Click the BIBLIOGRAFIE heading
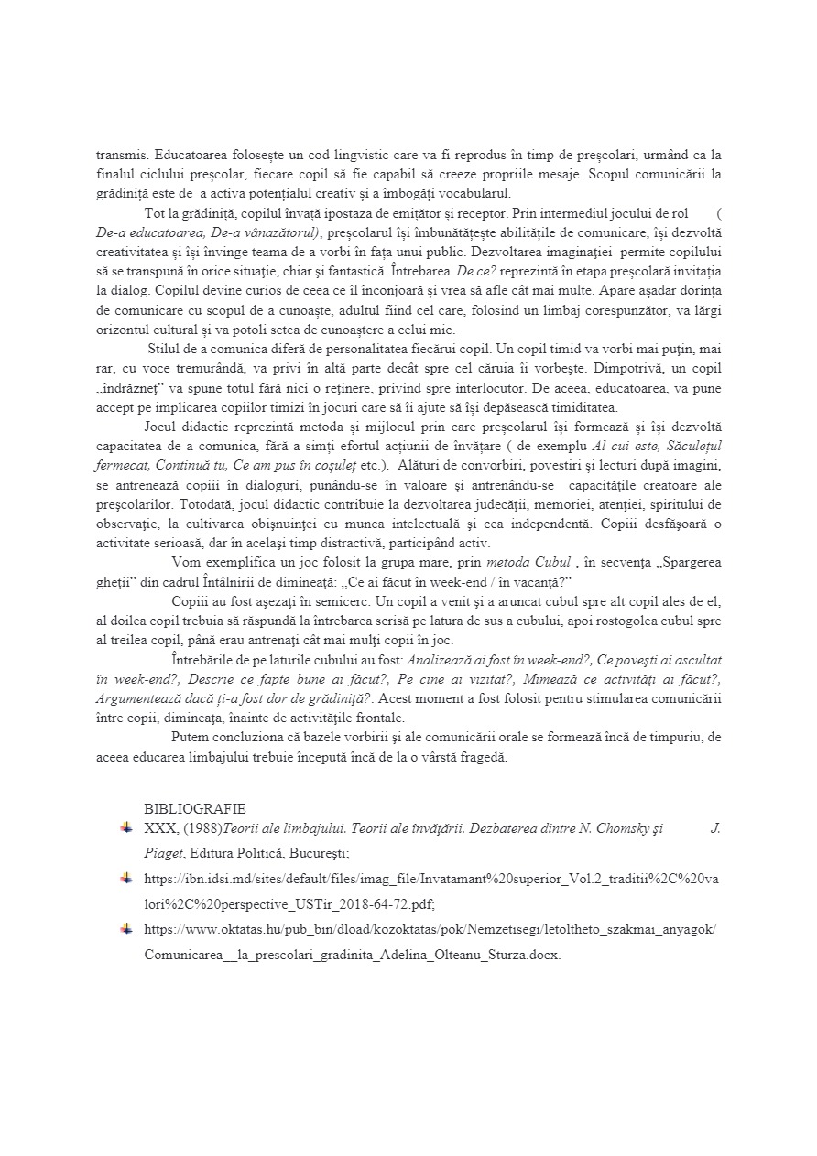pos(194,809)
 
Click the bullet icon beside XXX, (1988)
pos(125,827)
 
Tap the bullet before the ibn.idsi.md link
pos(125,879)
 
